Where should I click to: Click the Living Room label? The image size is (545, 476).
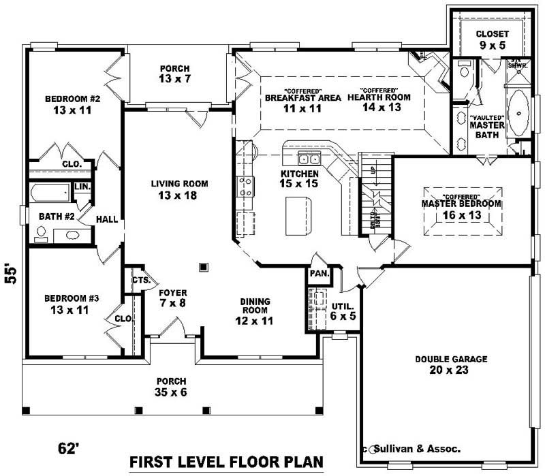tap(180, 190)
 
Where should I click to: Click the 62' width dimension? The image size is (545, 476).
tap(68, 449)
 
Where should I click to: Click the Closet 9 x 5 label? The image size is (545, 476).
tap(492, 39)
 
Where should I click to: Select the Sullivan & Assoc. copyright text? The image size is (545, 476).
tap(415, 449)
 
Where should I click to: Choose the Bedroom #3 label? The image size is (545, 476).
tap(72, 304)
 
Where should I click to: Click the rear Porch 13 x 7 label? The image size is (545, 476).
tap(175, 74)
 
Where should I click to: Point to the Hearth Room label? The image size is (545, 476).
tap(385, 101)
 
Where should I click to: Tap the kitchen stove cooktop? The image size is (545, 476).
tap(245, 186)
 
